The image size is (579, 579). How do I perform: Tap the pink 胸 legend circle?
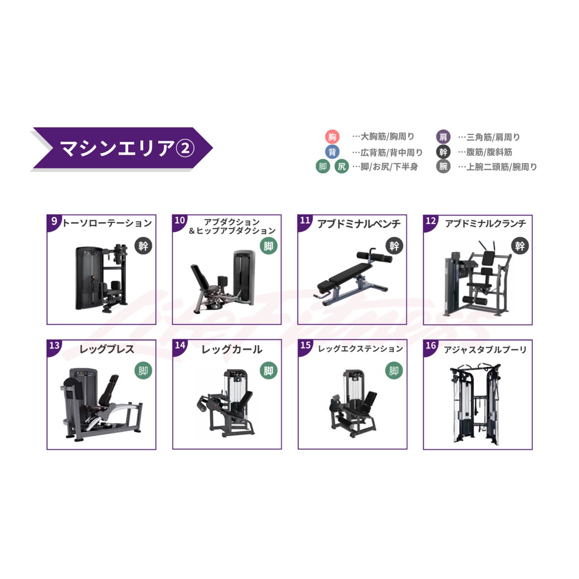[332, 137]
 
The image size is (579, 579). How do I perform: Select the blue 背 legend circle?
[332, 152]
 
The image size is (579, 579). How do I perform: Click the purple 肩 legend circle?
[443, 137]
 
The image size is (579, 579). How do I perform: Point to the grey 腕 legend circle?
[443, 166]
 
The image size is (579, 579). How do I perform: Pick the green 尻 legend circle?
[342, 167]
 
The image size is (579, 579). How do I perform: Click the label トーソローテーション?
[107, 223]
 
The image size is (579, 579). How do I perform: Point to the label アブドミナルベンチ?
[358, 223]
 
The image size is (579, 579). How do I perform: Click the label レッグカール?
[232, 350]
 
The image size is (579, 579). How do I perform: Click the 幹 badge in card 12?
[519, 246]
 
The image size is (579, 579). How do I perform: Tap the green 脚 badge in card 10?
[268, 246]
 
